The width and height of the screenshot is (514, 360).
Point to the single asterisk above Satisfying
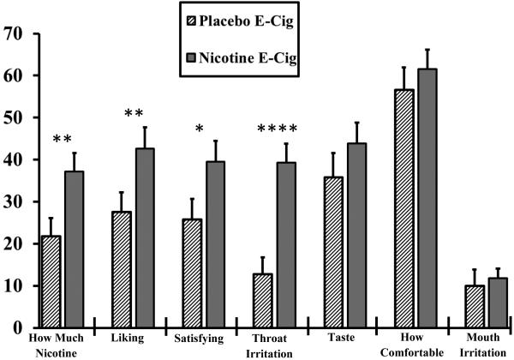click(200, 130)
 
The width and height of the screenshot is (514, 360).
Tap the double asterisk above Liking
click(134, 115)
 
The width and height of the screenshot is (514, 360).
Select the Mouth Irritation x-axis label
click(485, 345)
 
